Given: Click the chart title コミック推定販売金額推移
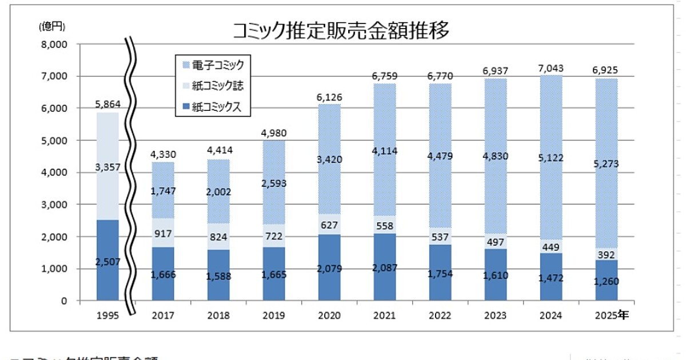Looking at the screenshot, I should pyautogui.click(x=341, y=30).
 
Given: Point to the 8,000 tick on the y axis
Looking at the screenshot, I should pyautogui.click(x=53, y=44).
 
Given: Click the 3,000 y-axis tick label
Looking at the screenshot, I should pyautogui.click(x=53, y=205).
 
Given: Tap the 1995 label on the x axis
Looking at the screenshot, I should pyautogui.click(x=107, y=315).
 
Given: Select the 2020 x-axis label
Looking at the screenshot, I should pyautogui.click(x=329, y=315).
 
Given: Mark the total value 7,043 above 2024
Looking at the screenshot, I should pyautogui.click(x=551, y=68).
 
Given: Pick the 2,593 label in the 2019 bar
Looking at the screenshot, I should pyautogui.click(x=274, y=184).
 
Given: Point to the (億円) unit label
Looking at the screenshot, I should pyautogui.click(x=53, y=26).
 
